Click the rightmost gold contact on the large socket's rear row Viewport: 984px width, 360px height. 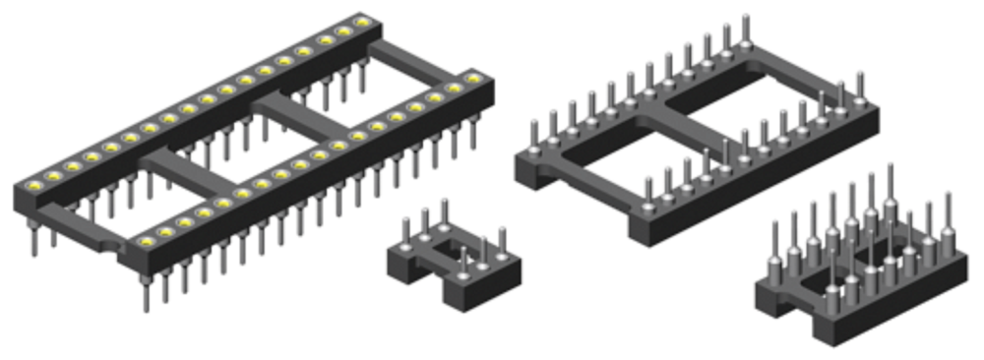(363, 23)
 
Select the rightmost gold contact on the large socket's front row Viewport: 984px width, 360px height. (474, 77)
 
